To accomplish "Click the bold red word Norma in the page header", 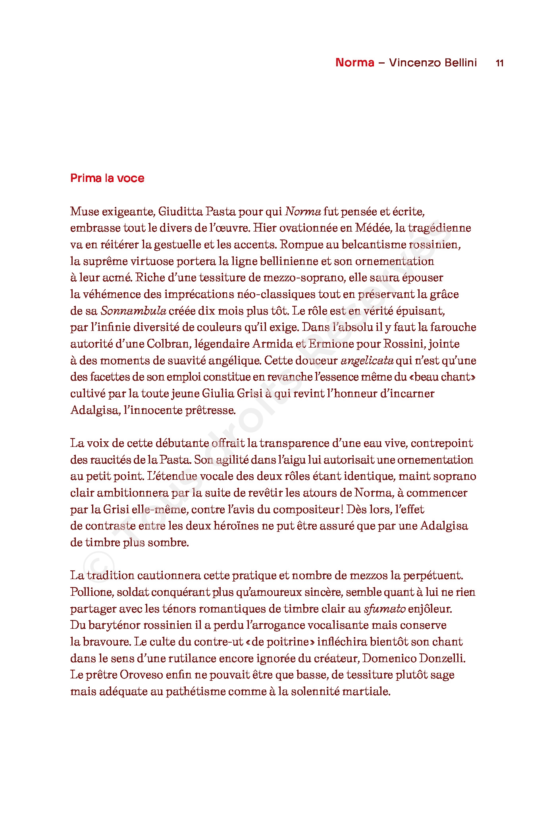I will [354, 63].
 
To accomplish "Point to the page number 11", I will [500, 63].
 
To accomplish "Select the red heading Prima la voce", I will [107, 178].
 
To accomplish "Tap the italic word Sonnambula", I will [133, 311].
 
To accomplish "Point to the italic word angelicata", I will [367, 361].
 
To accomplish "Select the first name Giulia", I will [218, 394].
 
